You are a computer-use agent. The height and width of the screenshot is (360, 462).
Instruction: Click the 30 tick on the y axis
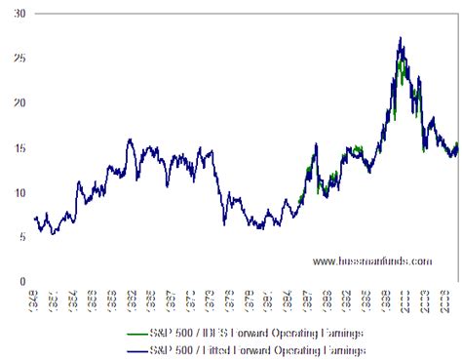click(x=19, y=14)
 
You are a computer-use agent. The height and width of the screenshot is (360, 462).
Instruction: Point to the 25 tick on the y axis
click(x=19, y=59)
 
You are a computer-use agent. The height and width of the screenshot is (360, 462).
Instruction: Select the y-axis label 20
click(x=19, y=102)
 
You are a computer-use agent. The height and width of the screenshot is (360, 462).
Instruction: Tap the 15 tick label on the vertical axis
click(x=19, y=147)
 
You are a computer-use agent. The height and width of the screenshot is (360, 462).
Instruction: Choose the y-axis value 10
click(x=19, y=192)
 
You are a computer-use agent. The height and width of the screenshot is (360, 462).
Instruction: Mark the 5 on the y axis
click(x=21, y=237)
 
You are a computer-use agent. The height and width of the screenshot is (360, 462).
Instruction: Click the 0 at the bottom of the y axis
click(x=21, y=282)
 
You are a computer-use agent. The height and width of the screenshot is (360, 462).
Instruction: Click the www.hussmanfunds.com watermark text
click(x=371, y=260)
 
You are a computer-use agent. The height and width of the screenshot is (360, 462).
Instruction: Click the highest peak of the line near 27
click(x=401, y=39)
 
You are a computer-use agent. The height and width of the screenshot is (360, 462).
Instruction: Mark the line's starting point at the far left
click(x=34, y=218)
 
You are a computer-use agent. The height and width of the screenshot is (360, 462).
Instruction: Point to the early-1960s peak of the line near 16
click(x=130, y=140)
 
